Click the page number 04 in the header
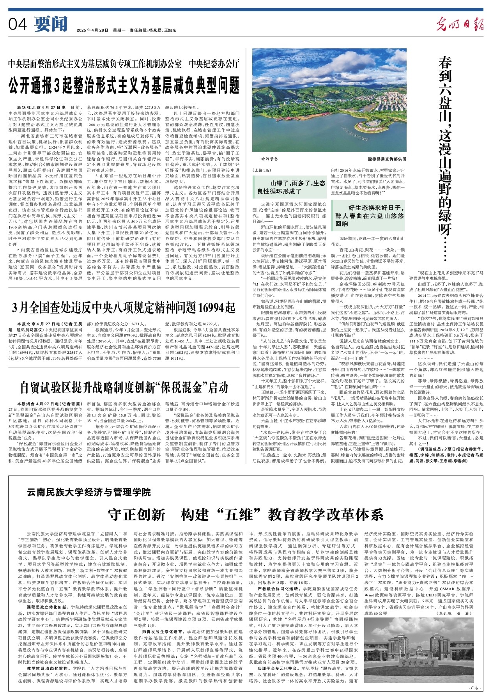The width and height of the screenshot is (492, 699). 18,25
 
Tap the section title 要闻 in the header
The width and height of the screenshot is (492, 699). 51,24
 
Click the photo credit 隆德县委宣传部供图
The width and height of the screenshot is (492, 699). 386,159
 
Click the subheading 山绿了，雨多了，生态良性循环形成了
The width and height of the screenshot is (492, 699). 291,187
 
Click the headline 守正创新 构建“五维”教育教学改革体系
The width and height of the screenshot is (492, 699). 246,514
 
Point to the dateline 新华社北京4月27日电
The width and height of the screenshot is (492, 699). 41,107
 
